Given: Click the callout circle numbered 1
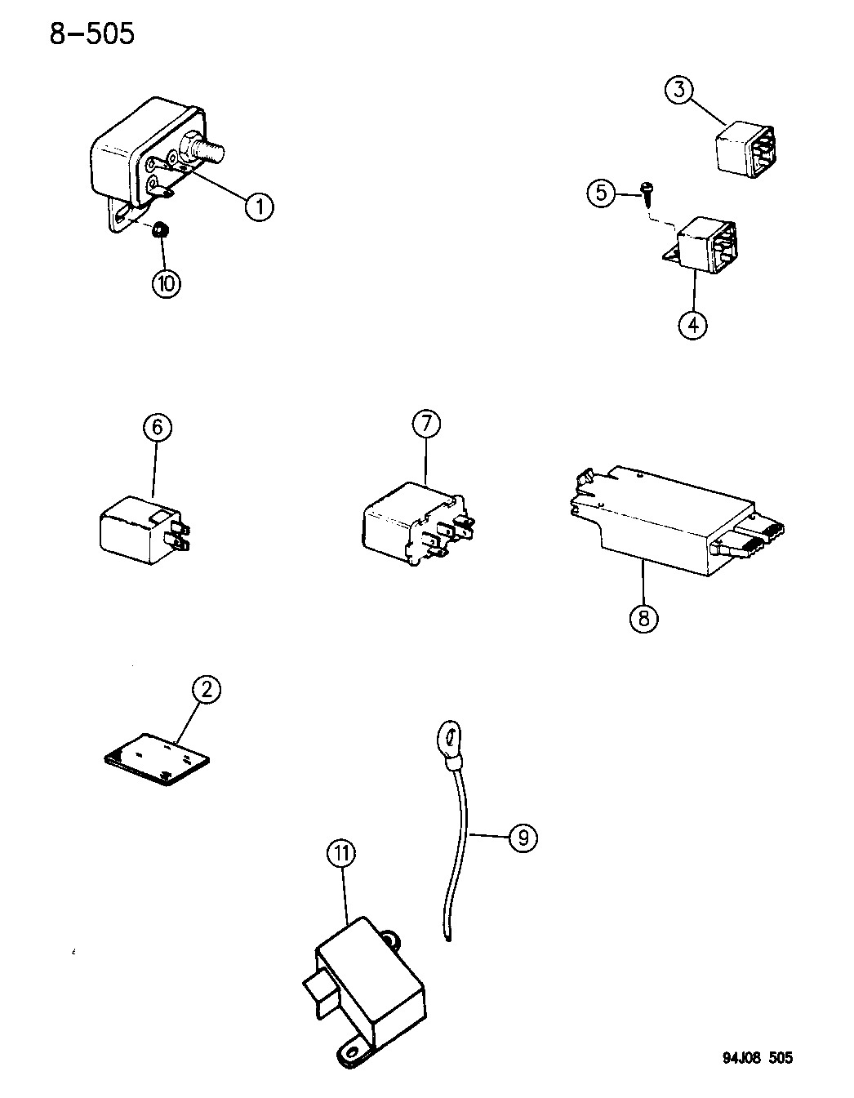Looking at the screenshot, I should pos(259,206).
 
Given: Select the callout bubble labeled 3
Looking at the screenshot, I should pos(679,89).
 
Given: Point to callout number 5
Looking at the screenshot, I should pos(601,193).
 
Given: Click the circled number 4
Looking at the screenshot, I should pos(692,325).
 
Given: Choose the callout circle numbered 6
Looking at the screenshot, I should pos(158,427).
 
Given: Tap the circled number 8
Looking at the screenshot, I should pos(643,617).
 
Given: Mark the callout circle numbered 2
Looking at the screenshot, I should pos(207,690).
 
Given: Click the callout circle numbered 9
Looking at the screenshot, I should pos(523,838).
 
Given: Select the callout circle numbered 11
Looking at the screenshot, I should pos(342,854).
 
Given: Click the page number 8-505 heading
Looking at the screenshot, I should pos(92,34).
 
